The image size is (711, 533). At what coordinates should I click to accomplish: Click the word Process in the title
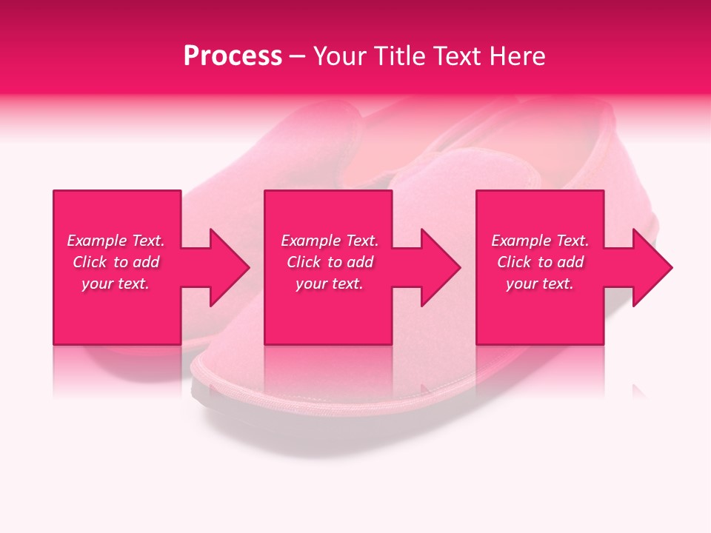coord(233,56)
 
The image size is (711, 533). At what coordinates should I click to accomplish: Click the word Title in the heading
coord(398,56)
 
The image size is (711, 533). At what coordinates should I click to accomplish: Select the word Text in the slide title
coord(458,56)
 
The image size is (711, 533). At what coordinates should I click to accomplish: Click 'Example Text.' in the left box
coord(116,241)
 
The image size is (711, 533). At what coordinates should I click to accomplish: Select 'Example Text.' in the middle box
coord(330,241)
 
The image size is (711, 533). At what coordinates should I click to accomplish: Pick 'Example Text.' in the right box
coord(540,241)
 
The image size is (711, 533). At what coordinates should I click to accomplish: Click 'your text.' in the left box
coord(116,284)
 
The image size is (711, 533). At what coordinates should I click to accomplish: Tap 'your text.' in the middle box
coord(330,284)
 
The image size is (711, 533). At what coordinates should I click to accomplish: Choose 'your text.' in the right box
coord(540,284)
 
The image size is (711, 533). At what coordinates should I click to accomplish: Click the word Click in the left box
coord(90,262)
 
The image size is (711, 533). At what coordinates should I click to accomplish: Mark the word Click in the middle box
coord(304,262)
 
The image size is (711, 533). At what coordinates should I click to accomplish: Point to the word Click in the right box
coord(515,262)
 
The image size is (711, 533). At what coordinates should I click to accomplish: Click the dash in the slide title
coord(297,56)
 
